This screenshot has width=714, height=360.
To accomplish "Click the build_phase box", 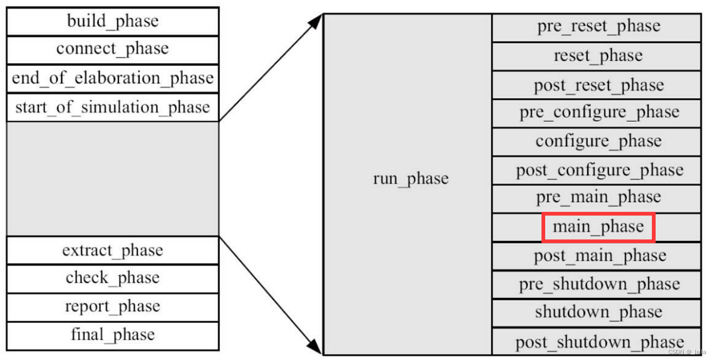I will pyautogui.click(x=113, y=21).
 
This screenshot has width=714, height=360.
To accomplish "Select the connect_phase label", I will pyautogui.click(x=113, y=49).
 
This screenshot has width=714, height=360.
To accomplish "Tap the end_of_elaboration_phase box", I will pyautogui.click(x=113, y=79).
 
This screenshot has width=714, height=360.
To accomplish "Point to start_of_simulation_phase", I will pyautogui.click(x=113, y=108).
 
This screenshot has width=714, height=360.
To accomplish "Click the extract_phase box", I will pyautogui.click(x=113, y=250).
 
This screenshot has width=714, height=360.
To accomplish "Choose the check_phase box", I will pyautogui.click(x=113, y=278).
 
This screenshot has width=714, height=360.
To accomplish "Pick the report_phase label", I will pyautogui.click(x=113, y=307).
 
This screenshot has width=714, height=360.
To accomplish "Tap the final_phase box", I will pyautogui.click(x=113, y=335).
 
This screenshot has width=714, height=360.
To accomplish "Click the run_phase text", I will pyautogui.click(x=410, y=179).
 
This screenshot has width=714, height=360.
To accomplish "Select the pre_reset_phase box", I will pyautogui.click(x=598, y=27).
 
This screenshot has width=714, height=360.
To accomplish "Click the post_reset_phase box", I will pyautogui.click(x=598, y=85).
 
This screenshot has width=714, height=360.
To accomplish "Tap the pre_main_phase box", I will pyautogui.click(x=598, y=198).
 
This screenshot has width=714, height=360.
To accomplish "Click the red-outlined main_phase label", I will pyautogui.click(x=598, y=227).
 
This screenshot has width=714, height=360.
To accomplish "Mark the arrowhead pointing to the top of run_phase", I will pyautogui.click(x=316, y=21).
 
